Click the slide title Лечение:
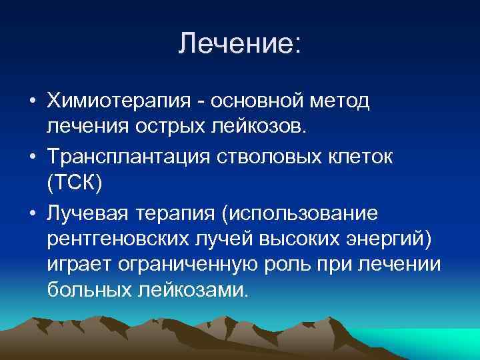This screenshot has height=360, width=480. click(240, 45)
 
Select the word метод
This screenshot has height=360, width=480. click(347, 99)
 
